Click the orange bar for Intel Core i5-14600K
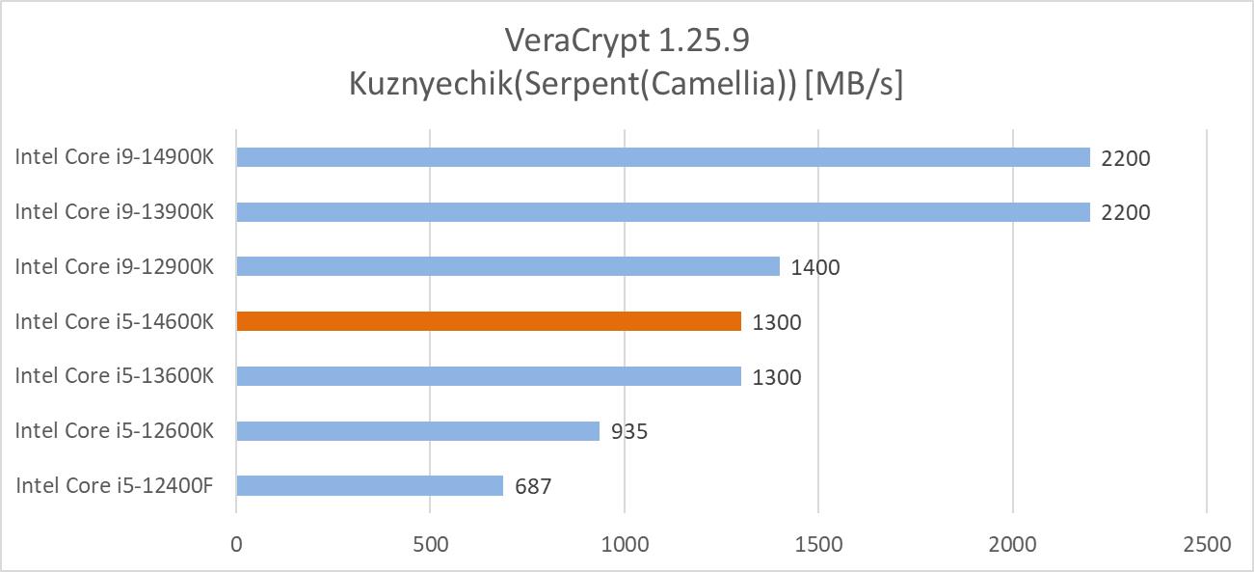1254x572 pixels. (488, 321)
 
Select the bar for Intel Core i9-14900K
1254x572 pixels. (662, 157)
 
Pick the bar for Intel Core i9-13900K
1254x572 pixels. (662, 212)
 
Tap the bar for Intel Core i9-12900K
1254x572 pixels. (507, 266)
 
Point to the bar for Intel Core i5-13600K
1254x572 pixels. (488, 376)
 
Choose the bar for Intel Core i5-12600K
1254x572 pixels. (417, 431)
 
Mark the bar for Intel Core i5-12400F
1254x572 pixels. (369, 485)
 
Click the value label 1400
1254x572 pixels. (815, 267)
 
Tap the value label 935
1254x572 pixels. (629, 431)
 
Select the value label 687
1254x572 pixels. (533, 486)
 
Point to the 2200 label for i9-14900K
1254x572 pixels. (1126, 158)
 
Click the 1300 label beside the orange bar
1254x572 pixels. (777, 322)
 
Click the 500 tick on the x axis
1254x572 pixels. (430, 544)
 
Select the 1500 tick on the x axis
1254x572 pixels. (818, 544)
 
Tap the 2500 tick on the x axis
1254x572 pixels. (1207, 544)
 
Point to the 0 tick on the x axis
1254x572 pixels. (236, 544)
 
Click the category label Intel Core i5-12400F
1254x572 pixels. (114, 485)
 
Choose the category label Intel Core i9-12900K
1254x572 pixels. (114, 266)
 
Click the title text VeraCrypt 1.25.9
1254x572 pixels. (627, 41)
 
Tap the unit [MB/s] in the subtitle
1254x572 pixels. (854, 85)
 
